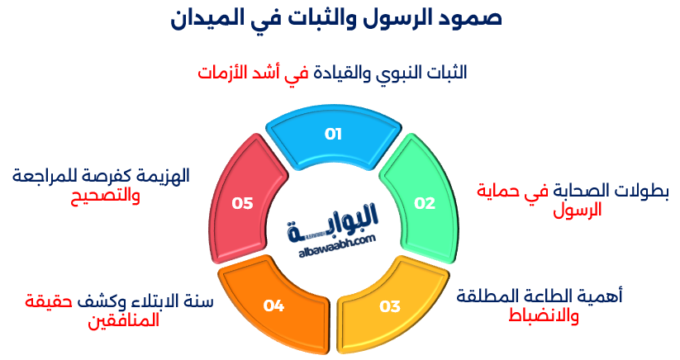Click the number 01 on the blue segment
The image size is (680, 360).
[x=333, y=134]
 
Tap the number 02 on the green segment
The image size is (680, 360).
[x=424, y=203]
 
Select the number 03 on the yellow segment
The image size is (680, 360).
[x=389, y=306]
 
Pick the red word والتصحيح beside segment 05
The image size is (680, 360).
[x=103, y=197]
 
